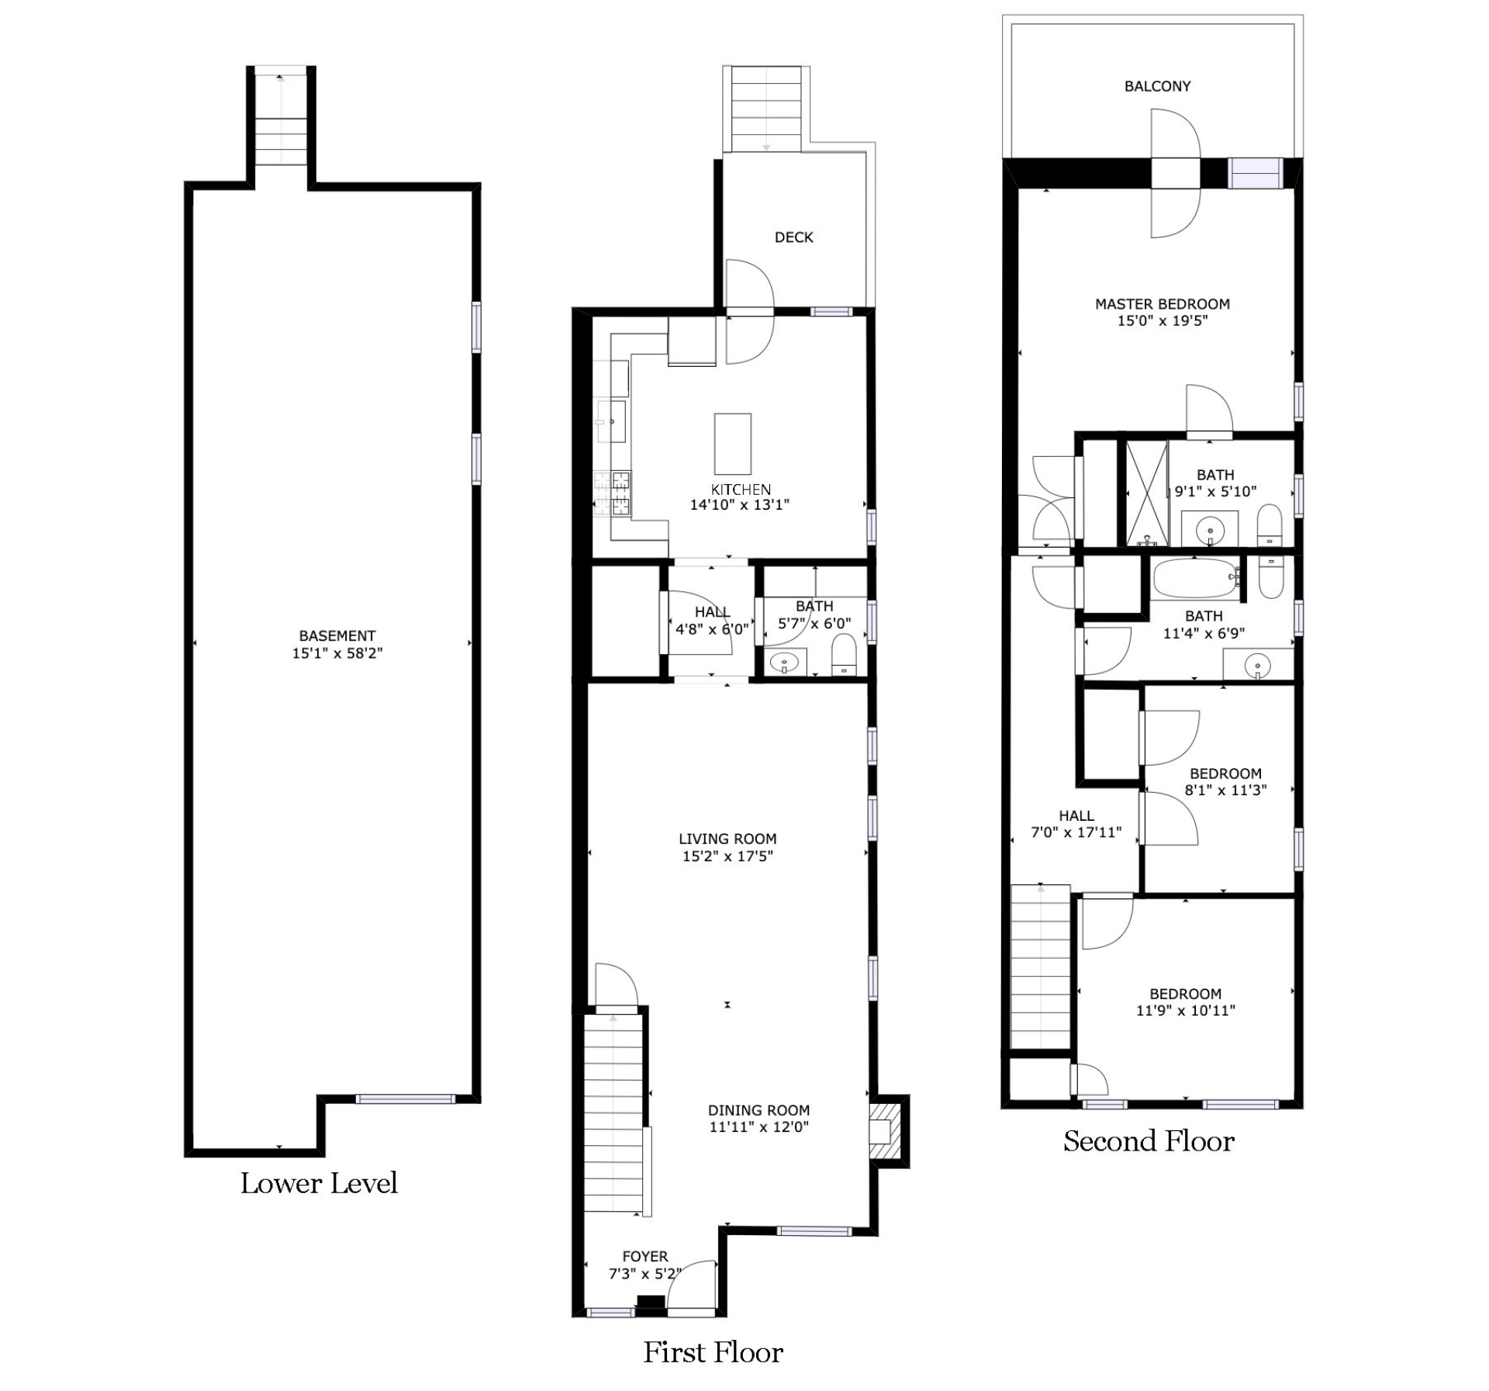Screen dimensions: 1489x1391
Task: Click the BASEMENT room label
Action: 337,636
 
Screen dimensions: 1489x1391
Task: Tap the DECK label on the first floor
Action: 794,237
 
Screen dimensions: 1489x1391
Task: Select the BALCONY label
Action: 1158,86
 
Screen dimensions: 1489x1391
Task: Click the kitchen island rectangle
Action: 733,444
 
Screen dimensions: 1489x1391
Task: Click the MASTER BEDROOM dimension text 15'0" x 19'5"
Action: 1163,321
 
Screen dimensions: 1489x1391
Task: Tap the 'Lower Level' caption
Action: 319,1183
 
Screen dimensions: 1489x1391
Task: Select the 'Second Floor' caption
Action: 1149,1141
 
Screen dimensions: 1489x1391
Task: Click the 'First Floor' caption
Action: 713,1352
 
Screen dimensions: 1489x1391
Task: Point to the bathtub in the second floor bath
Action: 1196,578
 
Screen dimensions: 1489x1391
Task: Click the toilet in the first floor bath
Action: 843,656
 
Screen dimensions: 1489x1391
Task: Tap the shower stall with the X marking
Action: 1147,493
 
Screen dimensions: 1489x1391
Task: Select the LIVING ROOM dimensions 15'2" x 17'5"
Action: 727,856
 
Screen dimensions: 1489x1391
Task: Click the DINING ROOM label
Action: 758,1110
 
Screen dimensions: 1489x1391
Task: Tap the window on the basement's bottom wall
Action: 405,1099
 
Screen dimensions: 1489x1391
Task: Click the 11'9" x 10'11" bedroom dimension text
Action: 1186,1011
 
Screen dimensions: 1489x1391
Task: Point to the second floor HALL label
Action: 1076,816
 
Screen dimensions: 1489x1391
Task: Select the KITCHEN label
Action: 741,490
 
